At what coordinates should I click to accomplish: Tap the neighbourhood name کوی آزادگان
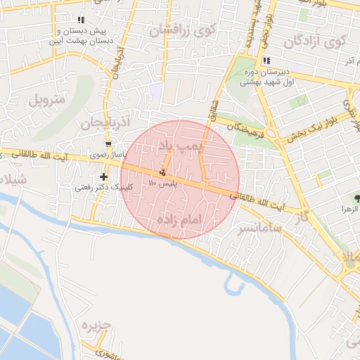point(314,41)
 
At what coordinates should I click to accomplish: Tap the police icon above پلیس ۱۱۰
point(163,172)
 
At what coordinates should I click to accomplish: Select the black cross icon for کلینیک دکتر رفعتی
point(105,177)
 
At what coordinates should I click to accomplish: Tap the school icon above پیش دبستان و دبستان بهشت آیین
point(81,20)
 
